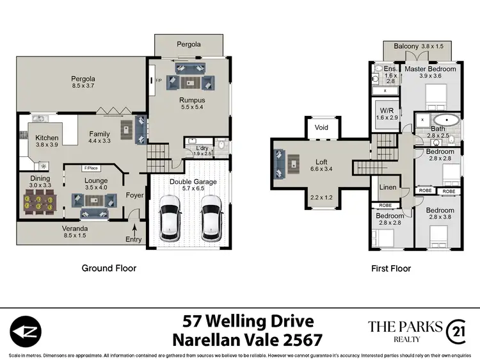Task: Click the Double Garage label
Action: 193,182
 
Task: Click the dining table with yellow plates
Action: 39,204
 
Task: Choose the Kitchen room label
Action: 47,137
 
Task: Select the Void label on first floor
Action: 322,127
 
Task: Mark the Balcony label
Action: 406,46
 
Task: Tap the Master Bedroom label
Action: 430,69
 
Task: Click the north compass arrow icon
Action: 24,331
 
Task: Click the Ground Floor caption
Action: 109,268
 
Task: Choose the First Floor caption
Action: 391,268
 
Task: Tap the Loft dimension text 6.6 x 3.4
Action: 321,170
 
